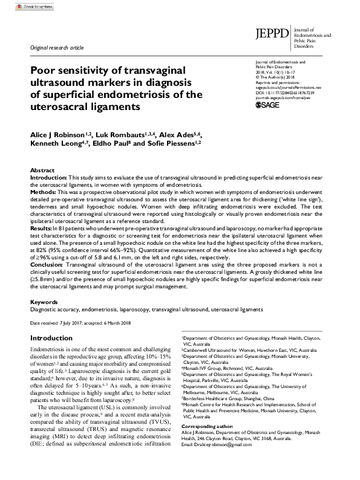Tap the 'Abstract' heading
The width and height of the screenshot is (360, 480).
pyautogui.click(x=42, y=172)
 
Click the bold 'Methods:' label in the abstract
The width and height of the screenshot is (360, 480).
pyautogui.click(x=43, y=190)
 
